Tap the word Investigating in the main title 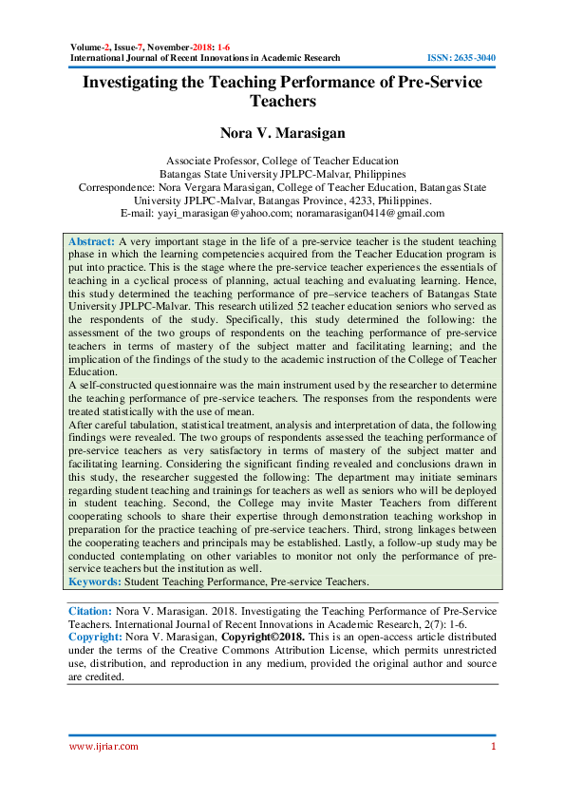tap(133, 83)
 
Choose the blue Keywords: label tap(95, 581)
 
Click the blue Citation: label tap(90, 610)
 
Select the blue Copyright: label tap(94, 638)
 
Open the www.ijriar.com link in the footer tap(104, 747)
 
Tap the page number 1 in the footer tap(494, 747)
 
